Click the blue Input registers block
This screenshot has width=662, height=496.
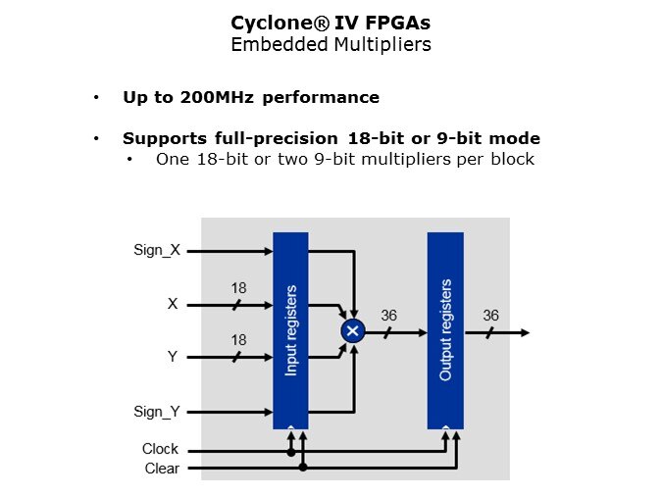(x=290, y=330)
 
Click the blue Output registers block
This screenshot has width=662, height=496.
(x=445, y=330)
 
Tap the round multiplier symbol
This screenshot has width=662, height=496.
(x=352, y=332)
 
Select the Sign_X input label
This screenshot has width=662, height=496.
(x=157, y=250)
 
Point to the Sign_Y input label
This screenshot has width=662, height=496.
(x=157, y=412)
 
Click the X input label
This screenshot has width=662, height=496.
(x=173, y=304)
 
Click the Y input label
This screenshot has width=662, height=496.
(x=173, y=357)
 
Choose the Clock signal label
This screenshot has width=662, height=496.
(x=160, y=449)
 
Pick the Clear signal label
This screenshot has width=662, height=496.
(x=162, y=468)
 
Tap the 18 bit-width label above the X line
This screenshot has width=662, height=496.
(x=238, y=288)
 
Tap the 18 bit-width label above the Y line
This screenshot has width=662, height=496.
(x=238, y=340)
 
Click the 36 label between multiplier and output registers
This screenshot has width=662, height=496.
(x=389, y=316)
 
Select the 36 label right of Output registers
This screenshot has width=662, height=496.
(x=490, y=316)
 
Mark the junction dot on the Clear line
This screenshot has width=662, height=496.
(x=303, y=468)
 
